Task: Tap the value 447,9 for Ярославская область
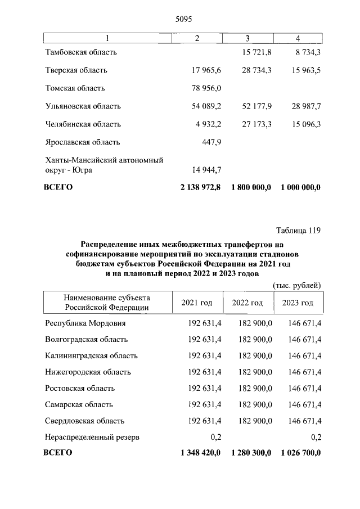pyautogui.click(x=211, y=142)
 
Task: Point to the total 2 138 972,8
pyautogui.click(x=200, y=187)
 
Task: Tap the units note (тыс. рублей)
pyautogui.click(x=296, y=285)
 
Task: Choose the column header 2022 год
pyautogui.click(x=247, y=303)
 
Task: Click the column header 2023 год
pyautogui.click(x=298, y=303)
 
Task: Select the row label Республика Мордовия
pyautogui.click(x=85, y=323)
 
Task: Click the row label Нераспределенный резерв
pyautogui.click(x=91, y=437)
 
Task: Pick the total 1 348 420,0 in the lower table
pyautogui.click(x=200, y=453)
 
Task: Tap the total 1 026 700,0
pyautogui.click(x=300, y=453)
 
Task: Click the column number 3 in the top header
pyautogui.click(x=247, y=38)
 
